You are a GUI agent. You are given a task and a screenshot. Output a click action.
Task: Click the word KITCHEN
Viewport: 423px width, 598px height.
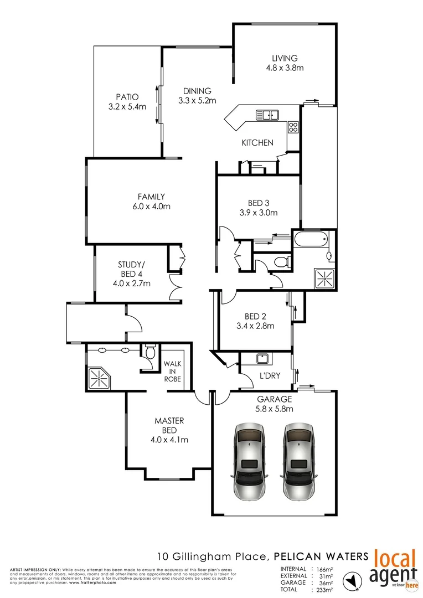[x=257, y=143]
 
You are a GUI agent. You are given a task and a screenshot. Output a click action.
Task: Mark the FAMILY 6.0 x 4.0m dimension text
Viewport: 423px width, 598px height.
[x=151, y=207]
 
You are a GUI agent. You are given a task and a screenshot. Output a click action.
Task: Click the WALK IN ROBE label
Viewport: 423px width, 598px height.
[x=172, y=372]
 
